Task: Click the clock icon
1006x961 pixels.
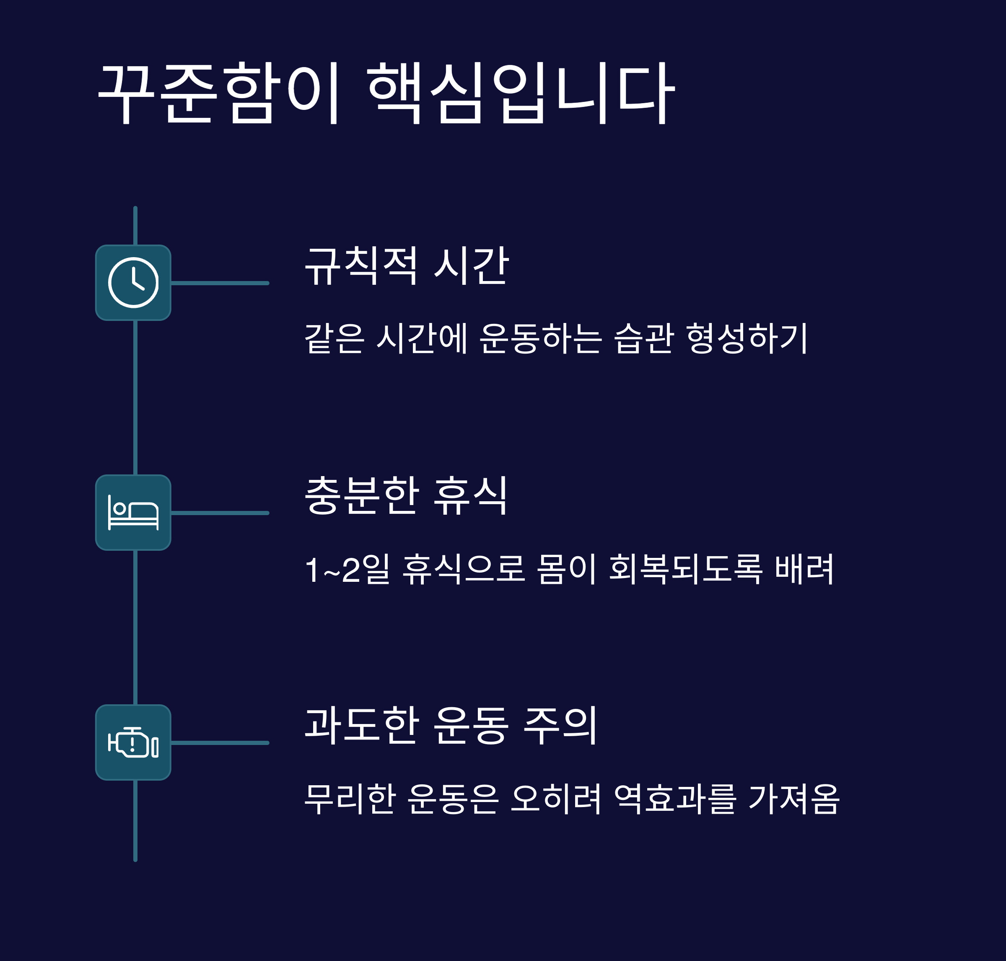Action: (x=133, y=283)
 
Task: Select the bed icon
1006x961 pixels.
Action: (x=133, y=512)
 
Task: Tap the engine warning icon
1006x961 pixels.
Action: (x=133, y=742)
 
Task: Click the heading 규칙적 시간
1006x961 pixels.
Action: (x=407, y=266)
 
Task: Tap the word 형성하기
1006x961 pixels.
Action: (x=747, y=338)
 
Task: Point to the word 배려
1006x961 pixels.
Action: (x=804, y=569)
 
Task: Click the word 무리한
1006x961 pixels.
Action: (x=350, y=799)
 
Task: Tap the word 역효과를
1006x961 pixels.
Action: (x=675, y=799)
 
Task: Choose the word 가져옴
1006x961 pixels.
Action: (x=793, y=799)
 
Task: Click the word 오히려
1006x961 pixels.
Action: (x=555, y=799)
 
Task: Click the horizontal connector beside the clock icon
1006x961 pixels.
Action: (x=220, y=283)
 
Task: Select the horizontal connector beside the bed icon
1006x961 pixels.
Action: (x=220, y=513)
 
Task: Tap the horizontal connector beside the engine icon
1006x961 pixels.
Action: (x=220, y=742)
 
